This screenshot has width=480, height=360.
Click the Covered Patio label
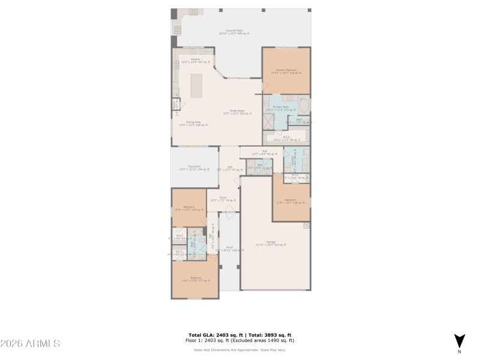pyautogui.click(x=234, y=32)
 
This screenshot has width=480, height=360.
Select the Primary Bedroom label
pyautogui.click(x=286, y=71)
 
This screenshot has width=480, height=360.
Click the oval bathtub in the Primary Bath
pyautogui.click(x=304, y=104)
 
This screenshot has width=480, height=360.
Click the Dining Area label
pyautogui.click(x=193, y=124)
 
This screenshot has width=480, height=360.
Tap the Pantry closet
pyautogui.click(x=175, y=106)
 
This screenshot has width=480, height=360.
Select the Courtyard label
pyautogui.click(x=194, y=168)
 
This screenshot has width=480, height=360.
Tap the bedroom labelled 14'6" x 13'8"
pyautogui.click(x=195, y=279)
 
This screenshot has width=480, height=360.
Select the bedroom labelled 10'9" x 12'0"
pyautogui.click(x=188, y=208)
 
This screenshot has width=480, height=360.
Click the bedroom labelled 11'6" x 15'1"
pyautogui.click(x=290, y=201)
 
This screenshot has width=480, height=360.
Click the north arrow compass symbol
pyautogui.click(x=459, y=340)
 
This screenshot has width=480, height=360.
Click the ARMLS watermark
pyautogui.click(x=30, y=343)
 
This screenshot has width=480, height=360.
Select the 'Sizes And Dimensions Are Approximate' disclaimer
pyautogui.click(x=239, y=350)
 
